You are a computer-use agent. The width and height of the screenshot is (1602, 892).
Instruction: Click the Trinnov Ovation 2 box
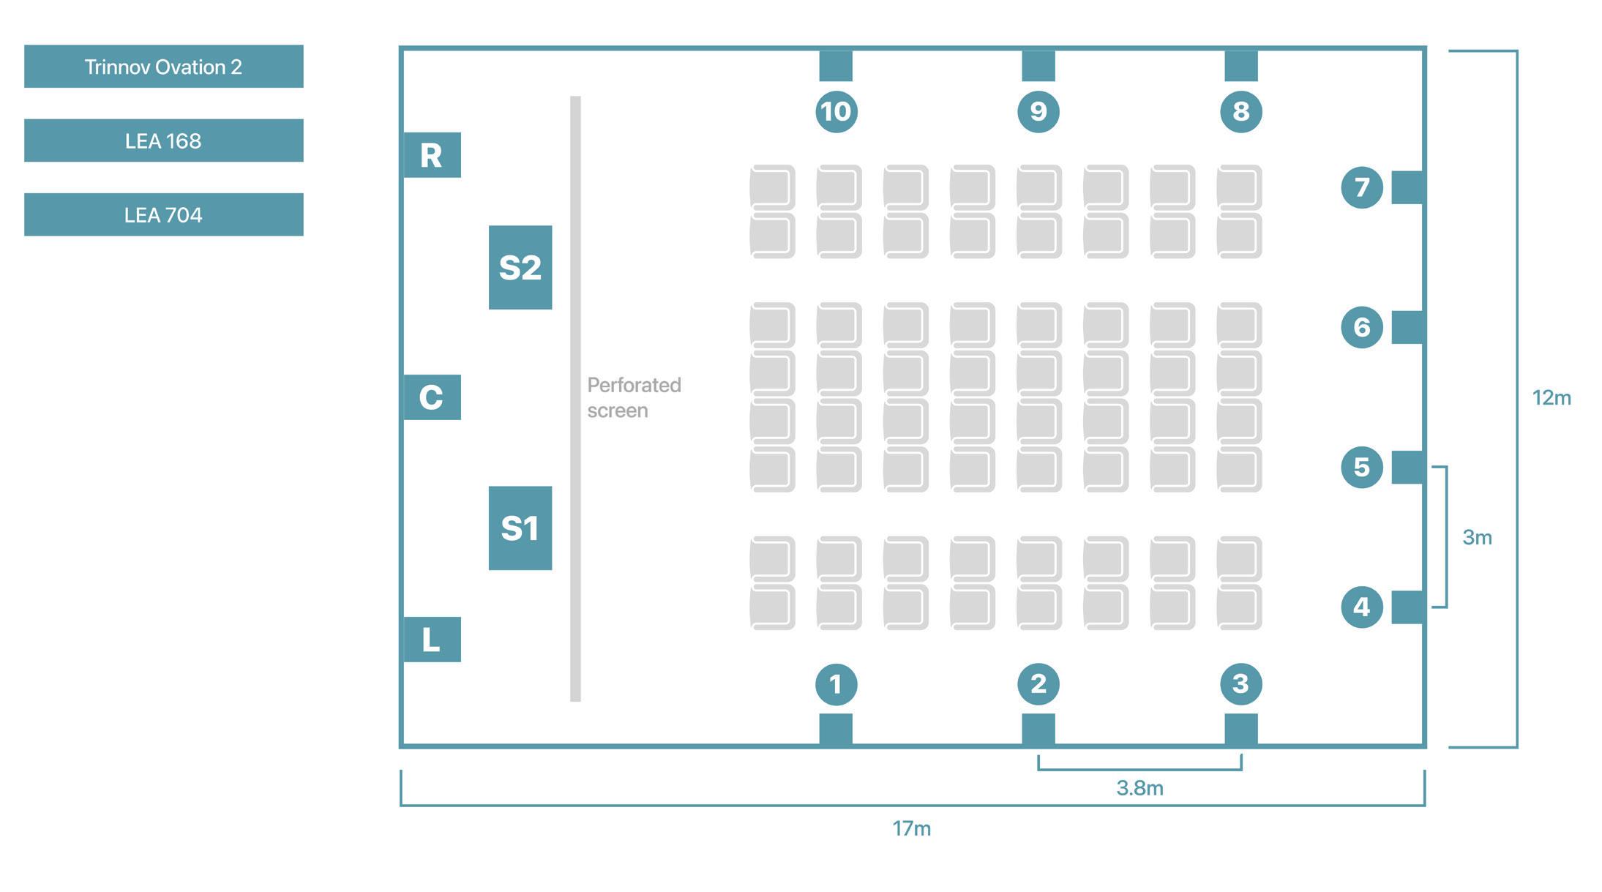163,67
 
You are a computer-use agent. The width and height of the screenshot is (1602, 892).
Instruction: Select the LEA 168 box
163,140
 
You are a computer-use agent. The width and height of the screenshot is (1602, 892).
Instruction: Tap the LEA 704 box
163,214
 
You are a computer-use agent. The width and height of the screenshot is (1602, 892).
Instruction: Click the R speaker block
432,155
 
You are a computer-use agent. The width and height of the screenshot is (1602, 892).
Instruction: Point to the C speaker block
432,397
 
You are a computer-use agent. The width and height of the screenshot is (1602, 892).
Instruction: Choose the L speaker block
432,640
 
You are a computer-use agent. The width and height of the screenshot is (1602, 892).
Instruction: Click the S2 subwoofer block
520,267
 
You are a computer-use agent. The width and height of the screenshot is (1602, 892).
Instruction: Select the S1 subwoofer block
520,528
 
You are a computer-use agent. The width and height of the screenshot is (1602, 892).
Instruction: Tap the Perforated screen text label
634,397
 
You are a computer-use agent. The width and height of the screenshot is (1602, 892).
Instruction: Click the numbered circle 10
836,111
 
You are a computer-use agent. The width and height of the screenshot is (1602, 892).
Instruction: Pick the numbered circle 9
1038,111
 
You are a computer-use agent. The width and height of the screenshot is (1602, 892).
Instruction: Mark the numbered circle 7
1361,187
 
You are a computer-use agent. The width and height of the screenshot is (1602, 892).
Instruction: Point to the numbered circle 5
1361,467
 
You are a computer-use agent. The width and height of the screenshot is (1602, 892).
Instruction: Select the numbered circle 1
836,684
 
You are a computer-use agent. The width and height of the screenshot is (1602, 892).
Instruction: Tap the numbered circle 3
1240,684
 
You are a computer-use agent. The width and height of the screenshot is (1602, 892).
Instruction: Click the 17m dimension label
911,828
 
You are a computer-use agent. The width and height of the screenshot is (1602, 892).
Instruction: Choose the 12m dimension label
1552,398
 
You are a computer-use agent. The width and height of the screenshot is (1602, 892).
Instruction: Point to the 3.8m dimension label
1139,788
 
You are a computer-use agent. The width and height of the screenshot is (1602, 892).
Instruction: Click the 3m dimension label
1477,538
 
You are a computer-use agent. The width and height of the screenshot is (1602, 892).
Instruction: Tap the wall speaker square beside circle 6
1407,327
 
